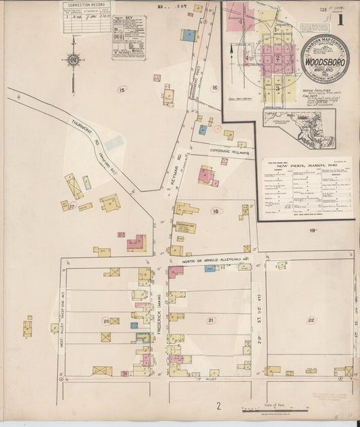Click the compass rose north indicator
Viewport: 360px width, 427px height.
click(73, 59)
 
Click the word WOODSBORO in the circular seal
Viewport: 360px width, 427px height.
click(325, 59)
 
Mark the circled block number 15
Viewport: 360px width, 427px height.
click(122, 89)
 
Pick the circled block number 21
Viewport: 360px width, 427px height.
click(211, 320)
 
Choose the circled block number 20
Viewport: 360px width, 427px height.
click(107, 321)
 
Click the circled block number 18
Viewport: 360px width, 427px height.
click(215, 211)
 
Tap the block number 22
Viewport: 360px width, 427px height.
click(311, 320)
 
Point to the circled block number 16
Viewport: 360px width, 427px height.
click(214, 88)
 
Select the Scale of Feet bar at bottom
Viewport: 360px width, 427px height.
click(274, 409)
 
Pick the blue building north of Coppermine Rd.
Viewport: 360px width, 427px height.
click(203, 129)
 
